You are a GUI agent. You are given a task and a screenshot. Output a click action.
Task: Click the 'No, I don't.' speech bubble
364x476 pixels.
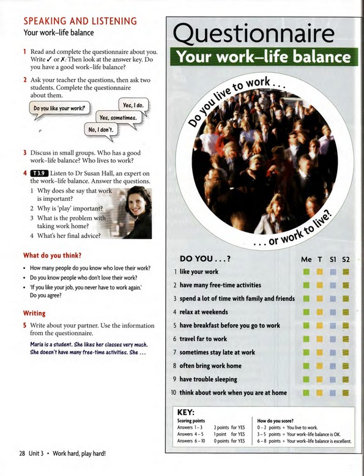coord(101,130)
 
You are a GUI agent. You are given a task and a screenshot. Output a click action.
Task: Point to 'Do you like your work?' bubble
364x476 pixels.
coord(59,109)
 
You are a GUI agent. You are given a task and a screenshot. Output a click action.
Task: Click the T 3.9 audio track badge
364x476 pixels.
coord(39,174)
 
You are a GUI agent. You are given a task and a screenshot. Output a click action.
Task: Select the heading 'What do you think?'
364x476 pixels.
coord(52,255)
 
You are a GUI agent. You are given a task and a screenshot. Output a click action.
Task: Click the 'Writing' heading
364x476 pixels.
coord(34,313)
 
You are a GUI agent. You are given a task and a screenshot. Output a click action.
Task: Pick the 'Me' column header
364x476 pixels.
coord(306,259)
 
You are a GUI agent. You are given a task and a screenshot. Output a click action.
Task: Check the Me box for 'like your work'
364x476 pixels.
coord(306,272)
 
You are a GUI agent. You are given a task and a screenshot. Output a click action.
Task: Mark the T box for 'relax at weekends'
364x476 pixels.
coord(319,312)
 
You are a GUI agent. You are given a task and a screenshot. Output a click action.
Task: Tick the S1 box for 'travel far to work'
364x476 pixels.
coord(332,339)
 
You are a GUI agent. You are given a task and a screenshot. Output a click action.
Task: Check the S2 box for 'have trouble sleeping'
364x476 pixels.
coord(346,379)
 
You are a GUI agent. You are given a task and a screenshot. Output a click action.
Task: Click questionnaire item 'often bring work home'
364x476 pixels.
coord(212,366)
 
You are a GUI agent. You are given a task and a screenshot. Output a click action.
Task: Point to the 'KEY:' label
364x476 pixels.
coord(185,412)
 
